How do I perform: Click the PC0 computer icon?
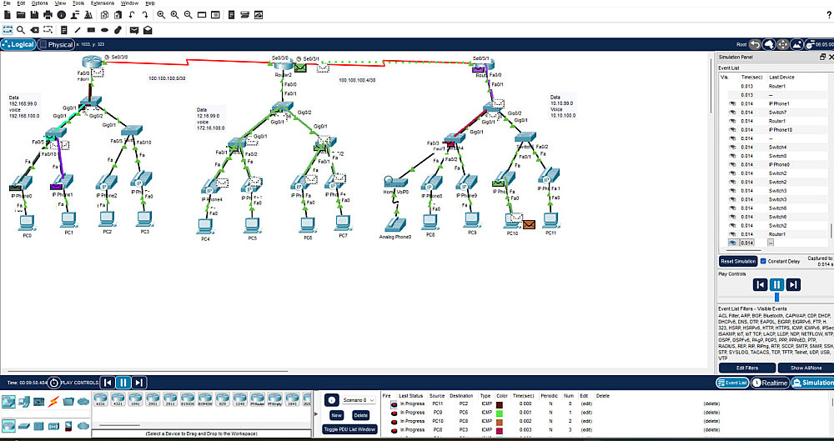tap(27, 223)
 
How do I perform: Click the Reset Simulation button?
tap(738, 261)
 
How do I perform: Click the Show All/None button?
tap(806, 368)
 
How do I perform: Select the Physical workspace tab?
tap(58, 45)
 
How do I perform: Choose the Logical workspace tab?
tap(18, 45)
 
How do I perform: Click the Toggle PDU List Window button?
tap(349, 429)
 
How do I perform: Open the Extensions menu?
tap(103, 3)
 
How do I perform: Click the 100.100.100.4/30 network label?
tap(357, 80)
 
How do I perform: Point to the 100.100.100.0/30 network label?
tap(167, 78)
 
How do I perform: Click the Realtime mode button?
tap(771, 383)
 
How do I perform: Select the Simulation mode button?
tap(812, 383)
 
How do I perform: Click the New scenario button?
tap(337, 414)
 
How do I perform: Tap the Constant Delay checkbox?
tap(764, 261)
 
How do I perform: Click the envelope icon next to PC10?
tap(529, 223)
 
